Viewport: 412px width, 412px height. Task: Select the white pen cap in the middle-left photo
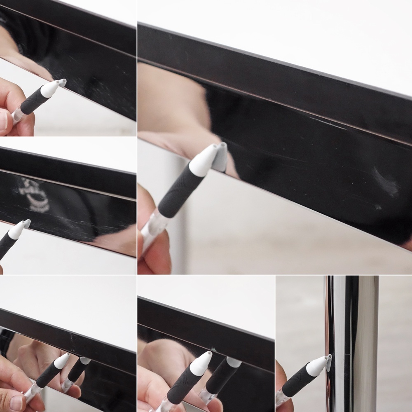click(x=16, y=230)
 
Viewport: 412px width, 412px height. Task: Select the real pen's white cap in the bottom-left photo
click(x=61, y=361)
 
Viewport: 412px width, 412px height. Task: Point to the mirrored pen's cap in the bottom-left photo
click(x=85, y=361)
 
